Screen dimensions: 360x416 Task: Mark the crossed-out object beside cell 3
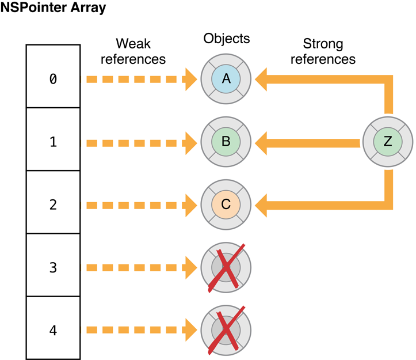click(226, 267)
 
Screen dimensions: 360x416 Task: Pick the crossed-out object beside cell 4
click(226, 330)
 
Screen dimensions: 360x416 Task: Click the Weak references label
click(141, 51)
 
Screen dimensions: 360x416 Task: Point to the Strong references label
click(323, 51)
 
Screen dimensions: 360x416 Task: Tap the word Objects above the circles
click(227, 39)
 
